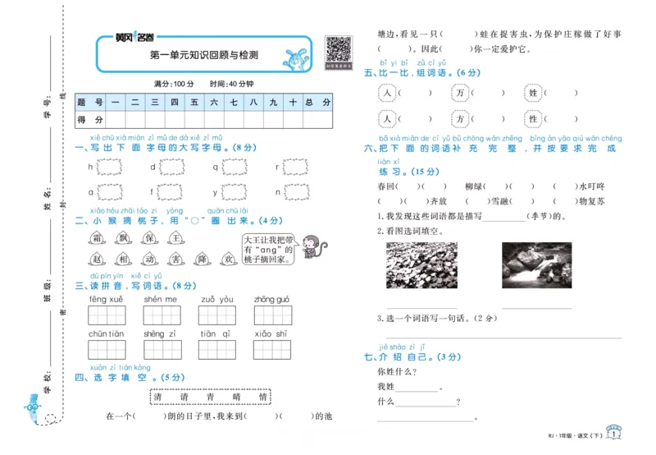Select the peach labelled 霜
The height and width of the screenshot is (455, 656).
click(x=97, y=238)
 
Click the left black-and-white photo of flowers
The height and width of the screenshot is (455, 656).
click(x=416, y=264)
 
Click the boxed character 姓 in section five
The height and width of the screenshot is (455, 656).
click(x=533, y=94)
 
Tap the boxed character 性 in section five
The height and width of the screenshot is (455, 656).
click(x=533, y=120)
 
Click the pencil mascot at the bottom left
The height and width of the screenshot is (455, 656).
click(x=33, y=409)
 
